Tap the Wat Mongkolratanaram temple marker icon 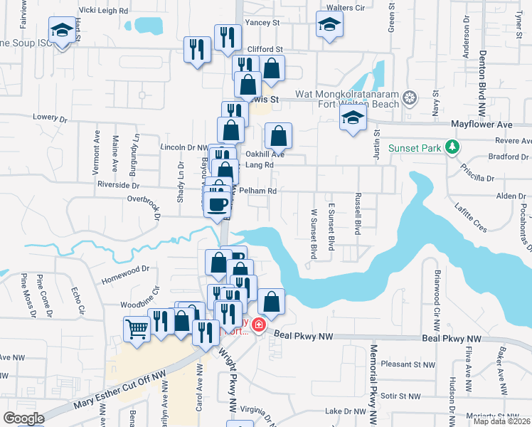click(x=410, y=97)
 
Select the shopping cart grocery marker click(x=137, y=329)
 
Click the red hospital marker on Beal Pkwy click(x=259, y=326)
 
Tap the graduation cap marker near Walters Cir click(x=329, y=25)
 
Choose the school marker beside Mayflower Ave click(x=352, y=119)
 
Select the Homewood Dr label click(x=126, y=270)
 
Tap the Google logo click(x=23, y=418)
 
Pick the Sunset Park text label click(x=415, y=149)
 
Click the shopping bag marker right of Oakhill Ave click(x=279, y=135)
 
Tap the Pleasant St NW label click(x=407, y=364)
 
